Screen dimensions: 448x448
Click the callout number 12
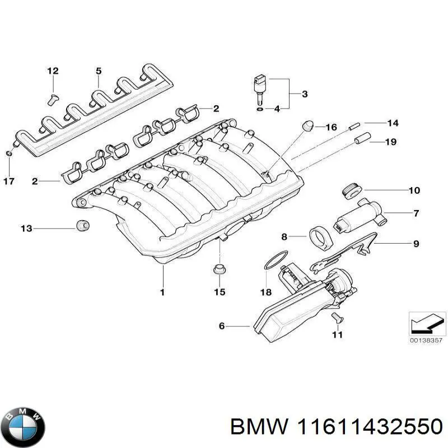click(x=52, y=71)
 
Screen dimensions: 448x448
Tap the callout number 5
click(x=99, y=71)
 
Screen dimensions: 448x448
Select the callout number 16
click(x=331, y=128)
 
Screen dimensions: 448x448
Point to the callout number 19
click(x=390, y=142)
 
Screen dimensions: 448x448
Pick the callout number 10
click(x=413, y=190)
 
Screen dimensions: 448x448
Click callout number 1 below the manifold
click(x=162, y=292)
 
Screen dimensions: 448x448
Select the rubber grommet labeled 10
click(x=351, y=190)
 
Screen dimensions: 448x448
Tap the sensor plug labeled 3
click(x=259, y=87)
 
